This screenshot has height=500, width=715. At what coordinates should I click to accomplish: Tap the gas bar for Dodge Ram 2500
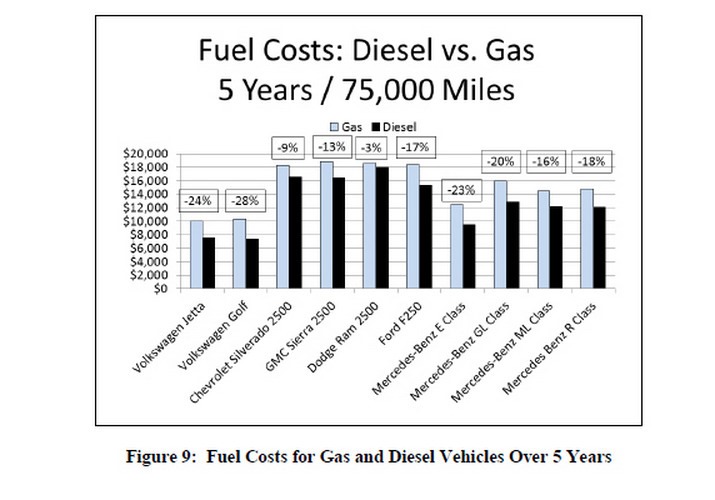coord(369,226)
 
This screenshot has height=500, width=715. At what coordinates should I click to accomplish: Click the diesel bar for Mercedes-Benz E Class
coord(469,256)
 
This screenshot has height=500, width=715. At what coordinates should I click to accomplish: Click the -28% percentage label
coord(246,200)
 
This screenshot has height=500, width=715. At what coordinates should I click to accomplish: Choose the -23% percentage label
coord(462,189)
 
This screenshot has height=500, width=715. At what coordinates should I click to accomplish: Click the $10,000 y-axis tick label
coord(146,222)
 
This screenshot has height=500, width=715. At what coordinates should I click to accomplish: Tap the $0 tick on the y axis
coord(160,289)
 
